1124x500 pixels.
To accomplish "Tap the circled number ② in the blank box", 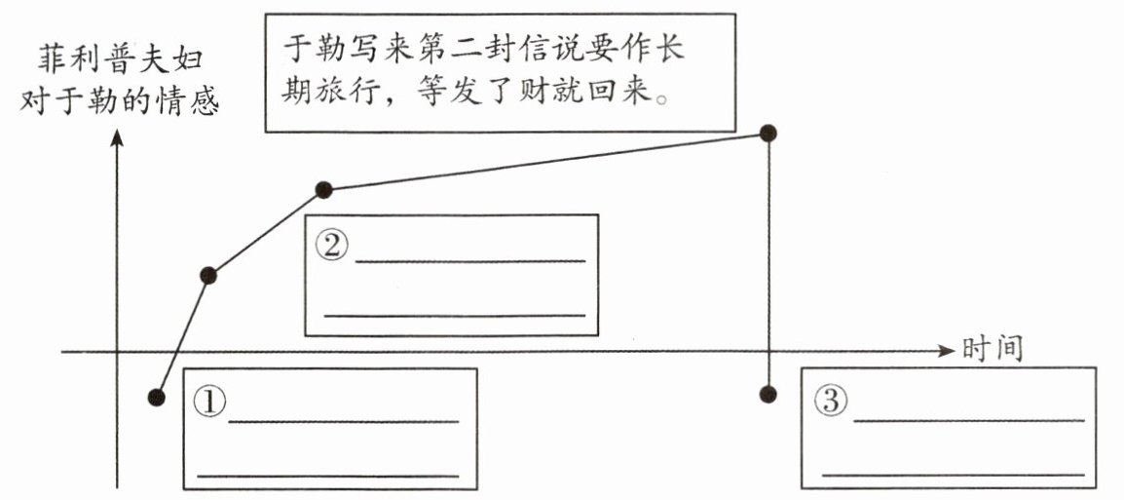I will [331, 244].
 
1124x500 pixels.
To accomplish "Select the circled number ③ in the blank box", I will [831, 399].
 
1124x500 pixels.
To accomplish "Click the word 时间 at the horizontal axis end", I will [993, 349].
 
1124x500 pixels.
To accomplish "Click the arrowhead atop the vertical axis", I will [117, 139].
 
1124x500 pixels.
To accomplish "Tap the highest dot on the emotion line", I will [768, 133].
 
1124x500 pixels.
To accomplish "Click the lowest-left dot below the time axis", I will [156, 397].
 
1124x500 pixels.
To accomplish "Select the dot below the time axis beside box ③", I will [768, 394].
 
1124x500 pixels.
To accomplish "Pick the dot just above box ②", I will [324, 189].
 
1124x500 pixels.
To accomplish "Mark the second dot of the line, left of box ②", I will [207, 276].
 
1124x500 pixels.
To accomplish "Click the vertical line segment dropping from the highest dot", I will [768, 263].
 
